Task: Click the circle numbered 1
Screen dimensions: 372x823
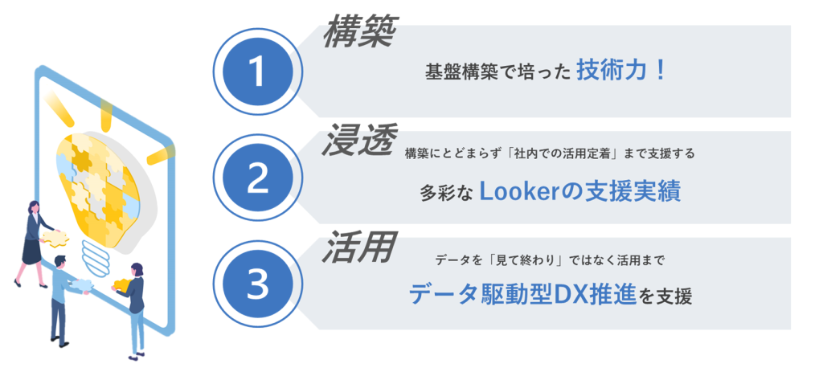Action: coord(257,72)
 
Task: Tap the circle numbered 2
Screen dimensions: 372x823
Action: coord(257,178)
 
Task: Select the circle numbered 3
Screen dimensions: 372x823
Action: coord(257,284)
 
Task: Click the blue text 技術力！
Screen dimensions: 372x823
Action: coord(621,71)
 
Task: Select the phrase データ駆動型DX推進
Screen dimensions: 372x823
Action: coord(522,295)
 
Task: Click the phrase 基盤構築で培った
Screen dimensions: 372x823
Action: coord(497,72)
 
